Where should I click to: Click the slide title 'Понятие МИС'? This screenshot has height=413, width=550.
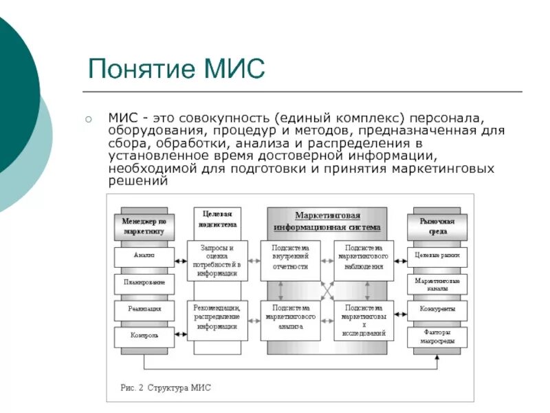pos(176,70)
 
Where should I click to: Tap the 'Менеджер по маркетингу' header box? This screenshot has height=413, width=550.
pos(144,226)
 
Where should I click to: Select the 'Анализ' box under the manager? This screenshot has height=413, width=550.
pos(144,255)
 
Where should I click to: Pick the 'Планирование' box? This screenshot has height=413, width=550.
pos(144,282)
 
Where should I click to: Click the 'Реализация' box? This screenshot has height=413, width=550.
pos(144,309)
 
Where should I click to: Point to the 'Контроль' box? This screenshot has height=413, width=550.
pos(144,336)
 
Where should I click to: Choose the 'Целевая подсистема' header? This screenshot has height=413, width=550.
pos(217,219)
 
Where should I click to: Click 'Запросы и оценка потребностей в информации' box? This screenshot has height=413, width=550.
pos(217,260)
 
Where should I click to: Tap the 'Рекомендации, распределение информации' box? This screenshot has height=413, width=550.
pos(217,317)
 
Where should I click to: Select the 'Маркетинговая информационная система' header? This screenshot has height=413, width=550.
pos(327,221)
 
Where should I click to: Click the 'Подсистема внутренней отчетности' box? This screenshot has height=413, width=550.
pos(290,257)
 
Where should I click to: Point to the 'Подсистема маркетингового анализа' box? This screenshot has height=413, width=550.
pos(290,317)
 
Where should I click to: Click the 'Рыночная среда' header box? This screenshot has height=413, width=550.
pos(437,226)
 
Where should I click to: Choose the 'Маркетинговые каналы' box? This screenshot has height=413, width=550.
pos(437,284)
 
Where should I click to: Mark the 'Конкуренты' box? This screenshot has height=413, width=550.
pos(437,309)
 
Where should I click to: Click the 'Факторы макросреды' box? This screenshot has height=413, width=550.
pos(437,337)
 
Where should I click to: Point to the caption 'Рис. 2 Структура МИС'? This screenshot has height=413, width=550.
pos(165,388)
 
